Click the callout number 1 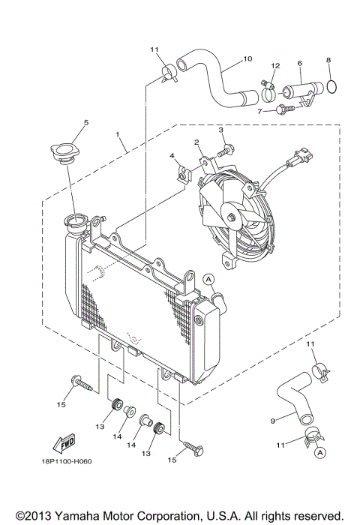click(x=117, y=135)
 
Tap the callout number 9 click(x=272, y=421)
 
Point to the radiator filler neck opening click(x=76, y=223)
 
